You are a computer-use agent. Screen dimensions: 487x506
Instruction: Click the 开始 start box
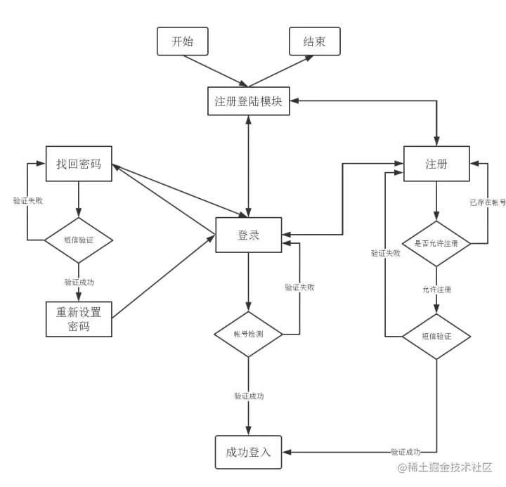coord(182,41)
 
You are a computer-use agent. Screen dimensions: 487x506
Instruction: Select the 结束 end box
coord(314,41)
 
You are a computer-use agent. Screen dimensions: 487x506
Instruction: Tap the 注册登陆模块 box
coord(248,101)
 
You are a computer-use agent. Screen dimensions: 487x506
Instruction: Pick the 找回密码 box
coord(79,164)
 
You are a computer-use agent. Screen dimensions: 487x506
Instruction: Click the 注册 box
coord(436,164)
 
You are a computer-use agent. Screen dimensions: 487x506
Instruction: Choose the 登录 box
coord(248,235)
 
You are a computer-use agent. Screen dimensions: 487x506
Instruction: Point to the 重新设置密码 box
coord(79,319)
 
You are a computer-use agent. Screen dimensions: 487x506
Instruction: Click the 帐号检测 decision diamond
coord(248,335)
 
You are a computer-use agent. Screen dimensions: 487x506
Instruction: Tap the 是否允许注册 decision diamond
coord(436,243)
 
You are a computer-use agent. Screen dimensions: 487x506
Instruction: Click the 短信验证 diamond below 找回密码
coord(79,240)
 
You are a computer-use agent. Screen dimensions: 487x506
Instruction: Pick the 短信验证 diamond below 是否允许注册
coord(436,336)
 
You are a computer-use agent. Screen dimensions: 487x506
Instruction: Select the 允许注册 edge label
coord(437,290)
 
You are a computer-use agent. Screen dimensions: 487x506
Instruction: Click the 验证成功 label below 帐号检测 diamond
coord(249,396)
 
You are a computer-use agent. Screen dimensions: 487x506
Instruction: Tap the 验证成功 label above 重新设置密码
coord(79,282)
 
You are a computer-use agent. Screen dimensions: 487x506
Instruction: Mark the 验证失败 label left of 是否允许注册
coord(385,253)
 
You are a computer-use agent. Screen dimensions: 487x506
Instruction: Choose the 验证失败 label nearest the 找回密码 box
coord(28,200)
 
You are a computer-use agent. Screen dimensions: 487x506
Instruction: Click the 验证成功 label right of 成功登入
coord(405,452)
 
